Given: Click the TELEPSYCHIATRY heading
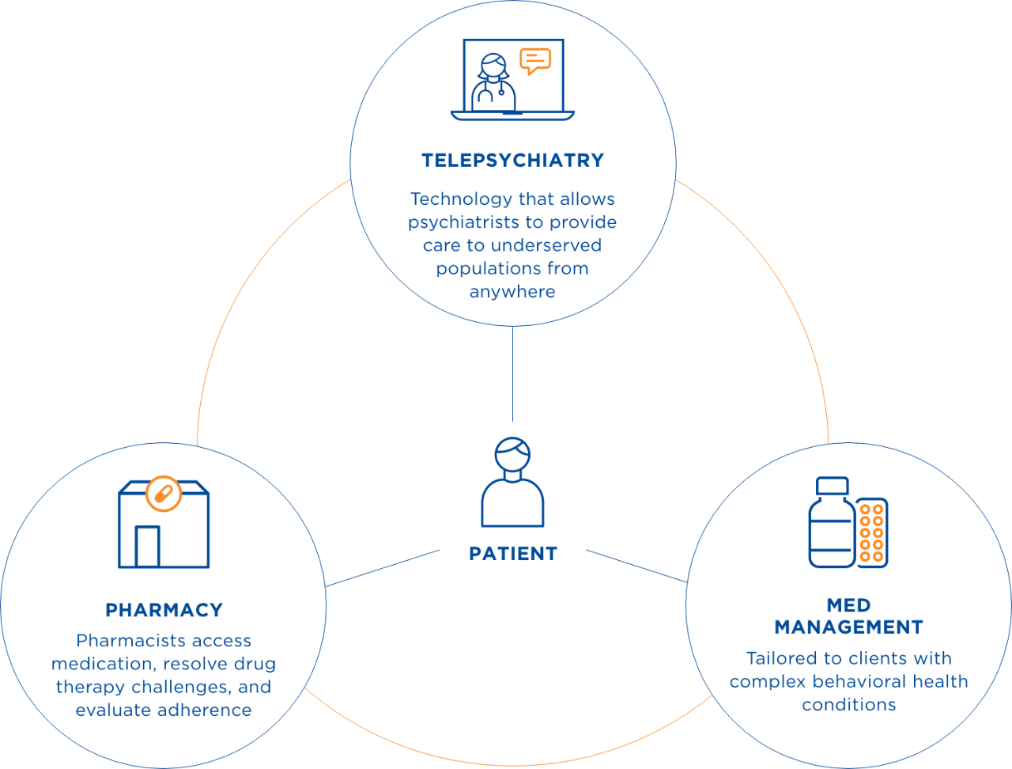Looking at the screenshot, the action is (x=512, y=161).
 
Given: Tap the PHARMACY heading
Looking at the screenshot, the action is (x=164, y=610).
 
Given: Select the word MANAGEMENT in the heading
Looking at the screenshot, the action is (x=849, y=627).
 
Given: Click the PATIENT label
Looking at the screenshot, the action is (x=513, y=554).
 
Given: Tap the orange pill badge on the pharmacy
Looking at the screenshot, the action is (x=164, y=494).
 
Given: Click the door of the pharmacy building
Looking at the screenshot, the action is (x=148, y=546).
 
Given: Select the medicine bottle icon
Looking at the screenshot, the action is (x=833, y=522).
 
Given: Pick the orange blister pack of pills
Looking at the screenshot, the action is (x=872, y=532).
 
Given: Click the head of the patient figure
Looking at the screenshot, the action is (x=512, y=454).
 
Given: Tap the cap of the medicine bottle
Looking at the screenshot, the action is (x=833, y=486).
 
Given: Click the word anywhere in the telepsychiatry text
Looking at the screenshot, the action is (x=512, y=292).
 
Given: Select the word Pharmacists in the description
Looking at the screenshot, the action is (x=128, y=640).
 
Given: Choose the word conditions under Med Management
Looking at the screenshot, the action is (x=849, y=704).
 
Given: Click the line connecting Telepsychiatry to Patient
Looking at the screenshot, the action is (x=512, y=373).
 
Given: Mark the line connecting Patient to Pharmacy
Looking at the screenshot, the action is (x=383, y=568).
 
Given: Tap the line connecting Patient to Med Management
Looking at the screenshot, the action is (x=636, y=566).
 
